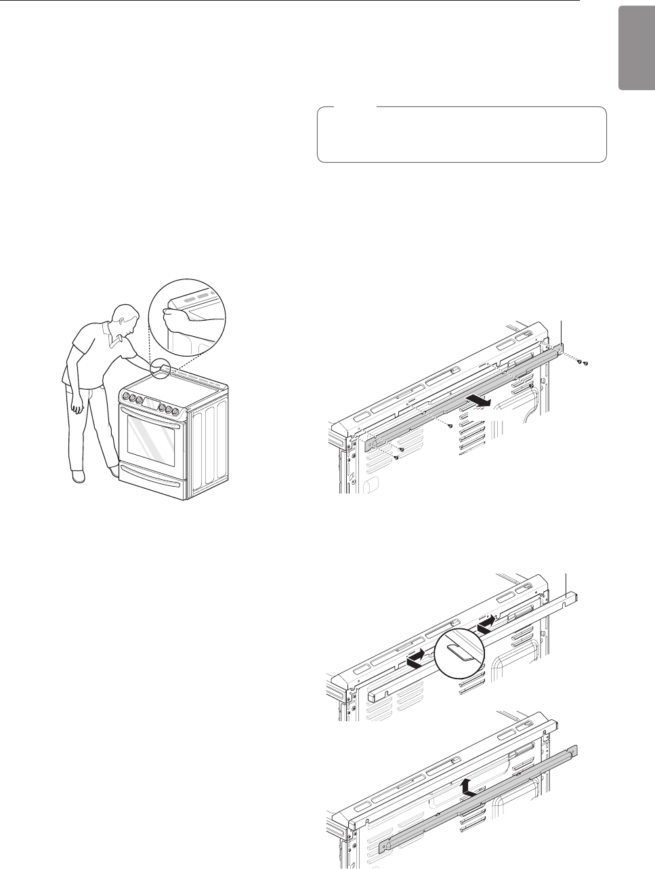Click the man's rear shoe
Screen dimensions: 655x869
tap(79, 477)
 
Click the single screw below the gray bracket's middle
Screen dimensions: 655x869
tap(450, 426)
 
